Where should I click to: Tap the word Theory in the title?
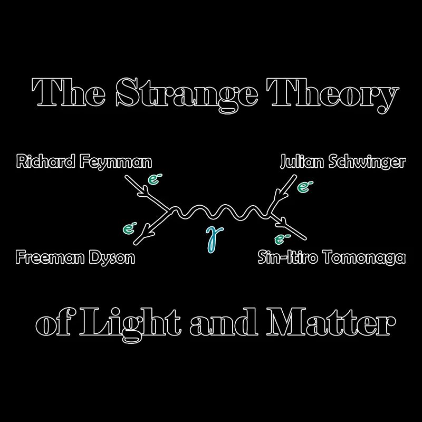point(333,94)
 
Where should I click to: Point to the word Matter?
point(332,322)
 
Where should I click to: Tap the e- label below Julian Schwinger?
point(303,186)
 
